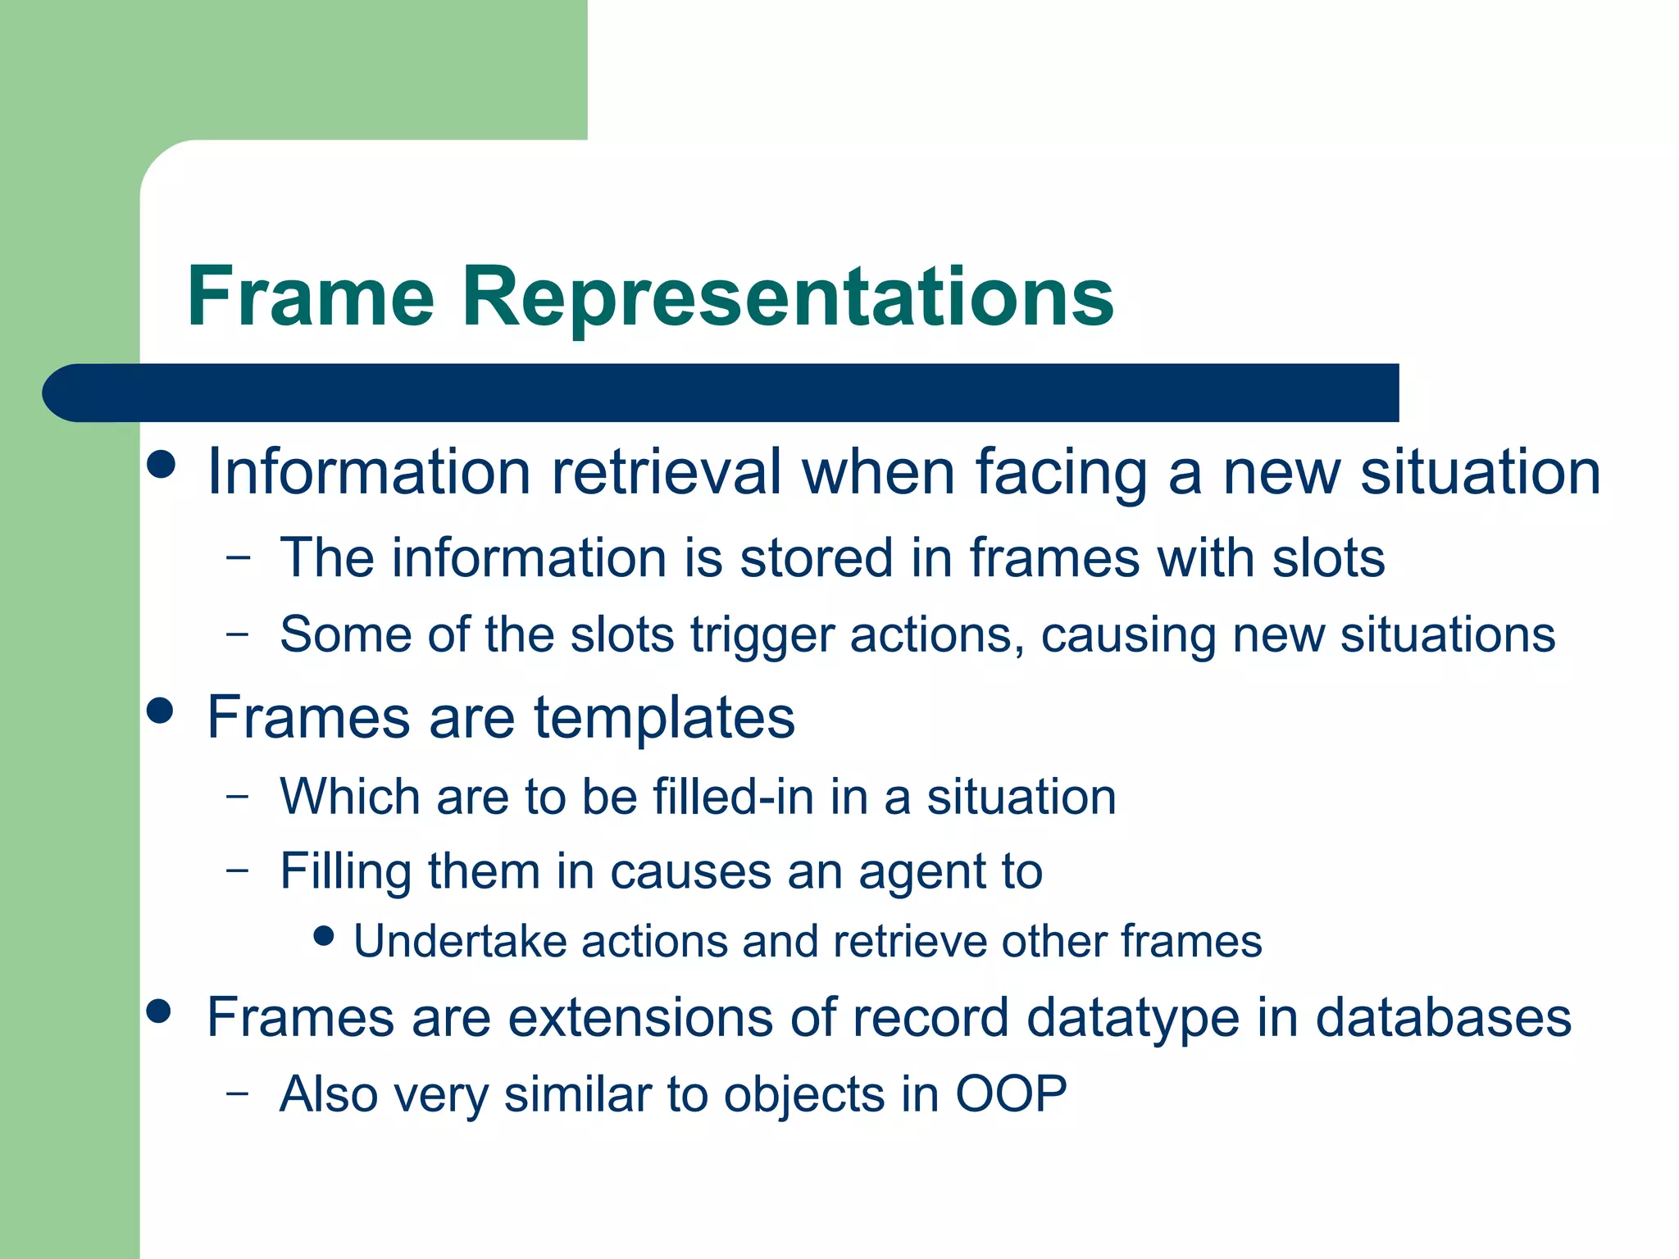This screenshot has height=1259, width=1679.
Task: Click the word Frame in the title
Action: (x=310, y=297)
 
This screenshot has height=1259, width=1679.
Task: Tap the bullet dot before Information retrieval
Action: (x=162, y=464)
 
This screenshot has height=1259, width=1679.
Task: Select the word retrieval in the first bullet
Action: (x=666, y=473)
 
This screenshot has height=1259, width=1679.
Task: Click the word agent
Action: (x=922, y=872)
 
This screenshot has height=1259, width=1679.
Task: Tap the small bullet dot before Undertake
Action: (x=325, y=935)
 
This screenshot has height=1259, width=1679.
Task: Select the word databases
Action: (x=1443, y=1018)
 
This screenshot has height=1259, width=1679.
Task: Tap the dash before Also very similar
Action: (x=238, y=1093)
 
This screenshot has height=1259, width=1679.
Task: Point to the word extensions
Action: (x=640, y=1018)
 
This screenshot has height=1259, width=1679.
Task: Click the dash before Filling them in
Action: (x=238, y=870)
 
